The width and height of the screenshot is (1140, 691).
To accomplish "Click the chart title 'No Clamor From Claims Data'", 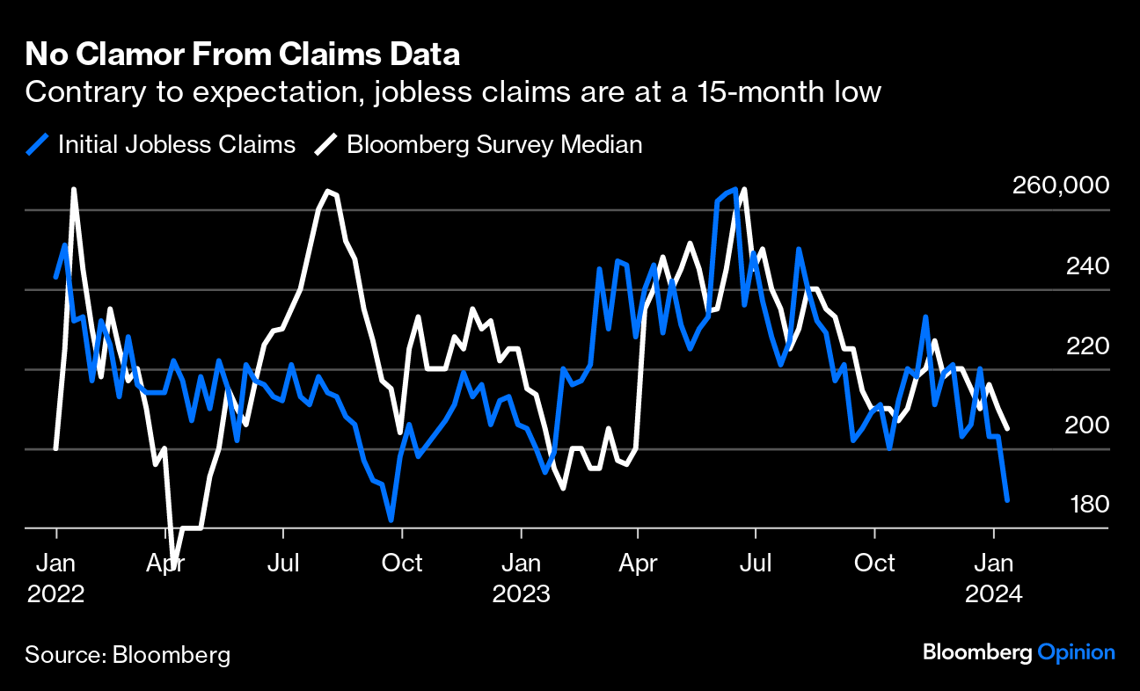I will click(242, 55).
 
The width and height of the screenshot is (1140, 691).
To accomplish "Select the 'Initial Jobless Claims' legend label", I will click(177, 144).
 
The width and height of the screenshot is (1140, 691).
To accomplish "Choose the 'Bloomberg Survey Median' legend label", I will click(494, 144).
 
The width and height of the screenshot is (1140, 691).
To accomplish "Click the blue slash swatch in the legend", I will click(38, 144).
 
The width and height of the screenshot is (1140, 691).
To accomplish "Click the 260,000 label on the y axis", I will click(1060, 186).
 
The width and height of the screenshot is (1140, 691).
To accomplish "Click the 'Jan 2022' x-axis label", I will click(56, 578).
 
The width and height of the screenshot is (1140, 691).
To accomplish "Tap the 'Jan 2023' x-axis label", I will click(522, 578).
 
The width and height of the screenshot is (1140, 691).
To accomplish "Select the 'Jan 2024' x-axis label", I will click(994, 578).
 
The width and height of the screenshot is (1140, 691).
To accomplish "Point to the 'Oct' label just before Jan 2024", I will click(874, 563).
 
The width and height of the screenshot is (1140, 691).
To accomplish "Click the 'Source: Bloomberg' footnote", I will click(128, 655).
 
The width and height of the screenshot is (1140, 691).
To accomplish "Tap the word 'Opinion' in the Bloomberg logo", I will click(1076, 652).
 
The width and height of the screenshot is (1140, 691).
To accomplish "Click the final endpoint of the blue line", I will click(1007, 499).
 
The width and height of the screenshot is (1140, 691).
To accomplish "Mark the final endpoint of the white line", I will click(1007, 428).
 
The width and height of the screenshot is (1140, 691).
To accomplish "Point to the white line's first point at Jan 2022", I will click(56, 448).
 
